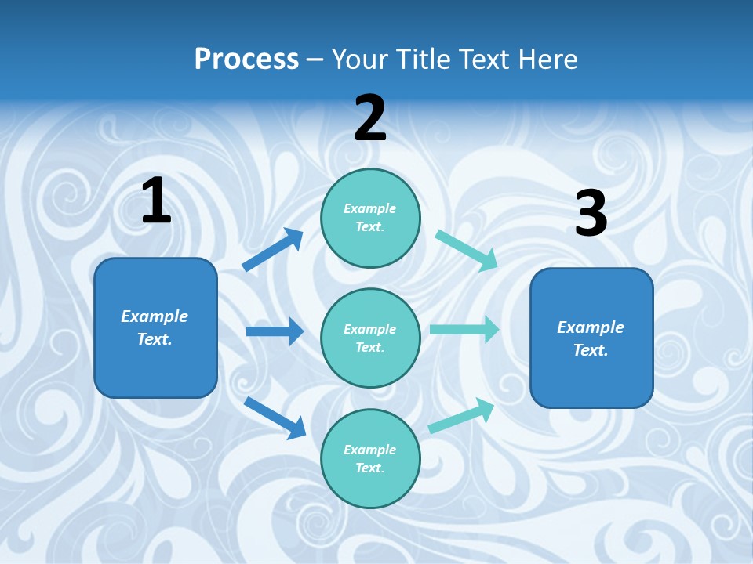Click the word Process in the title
(246, 59)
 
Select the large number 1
(156, 201)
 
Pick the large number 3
(591, 214)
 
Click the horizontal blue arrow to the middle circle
(275, 331)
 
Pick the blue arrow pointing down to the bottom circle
(275, 417)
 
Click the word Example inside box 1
(155, 316)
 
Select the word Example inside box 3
(591, 327)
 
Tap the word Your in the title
(357, 59)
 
